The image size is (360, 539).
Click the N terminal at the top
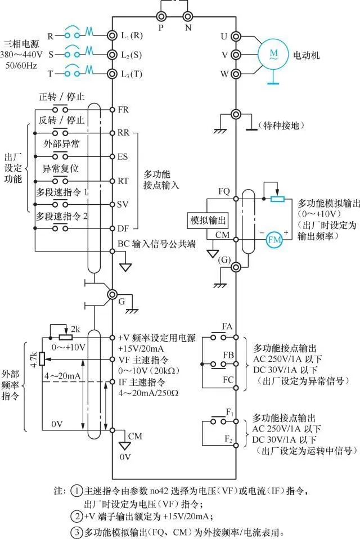tap(187, 16)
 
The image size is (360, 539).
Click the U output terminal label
tap(224, 36)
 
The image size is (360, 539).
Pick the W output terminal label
tap(224, 74)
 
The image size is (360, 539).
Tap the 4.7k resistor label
tap(34, 358)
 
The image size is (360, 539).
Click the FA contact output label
tap(227, 326)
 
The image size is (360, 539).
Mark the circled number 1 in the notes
tap(77, 490)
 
